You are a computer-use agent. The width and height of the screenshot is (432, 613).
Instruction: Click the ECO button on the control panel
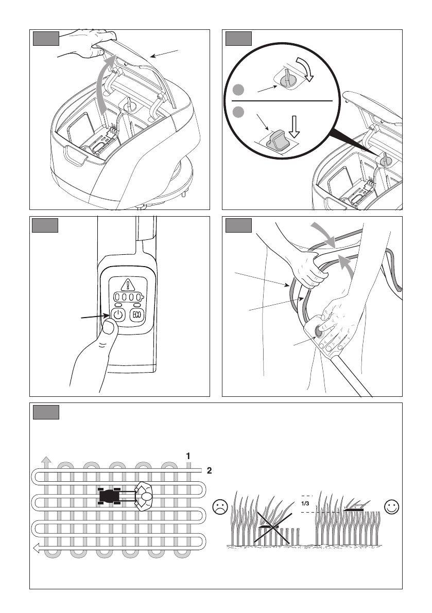pos(137,314)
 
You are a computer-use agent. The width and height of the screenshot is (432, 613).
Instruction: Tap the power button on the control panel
pos(118,314)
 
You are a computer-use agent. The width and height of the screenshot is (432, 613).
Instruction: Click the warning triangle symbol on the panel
pos(128,285)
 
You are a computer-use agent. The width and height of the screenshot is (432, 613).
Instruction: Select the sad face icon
pos(220,507)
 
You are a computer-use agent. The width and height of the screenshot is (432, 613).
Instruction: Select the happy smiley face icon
pos(392,507)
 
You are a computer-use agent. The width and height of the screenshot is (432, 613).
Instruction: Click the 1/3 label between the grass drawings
pos(305,503)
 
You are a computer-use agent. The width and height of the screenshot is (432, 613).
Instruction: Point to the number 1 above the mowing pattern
pos(188,456)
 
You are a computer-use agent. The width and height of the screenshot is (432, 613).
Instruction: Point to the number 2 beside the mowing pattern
pos(209,471)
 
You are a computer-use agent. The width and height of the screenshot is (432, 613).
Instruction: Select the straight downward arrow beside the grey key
pos(295,126)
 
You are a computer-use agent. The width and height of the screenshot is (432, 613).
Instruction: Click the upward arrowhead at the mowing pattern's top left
pos(46,459)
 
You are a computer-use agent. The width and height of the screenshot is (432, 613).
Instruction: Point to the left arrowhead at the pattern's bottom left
pos(37,548)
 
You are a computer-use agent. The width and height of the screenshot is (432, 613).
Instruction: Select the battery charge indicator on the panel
pos(128,297)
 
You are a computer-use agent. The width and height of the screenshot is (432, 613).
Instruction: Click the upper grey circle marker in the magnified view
pos(238,90)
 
